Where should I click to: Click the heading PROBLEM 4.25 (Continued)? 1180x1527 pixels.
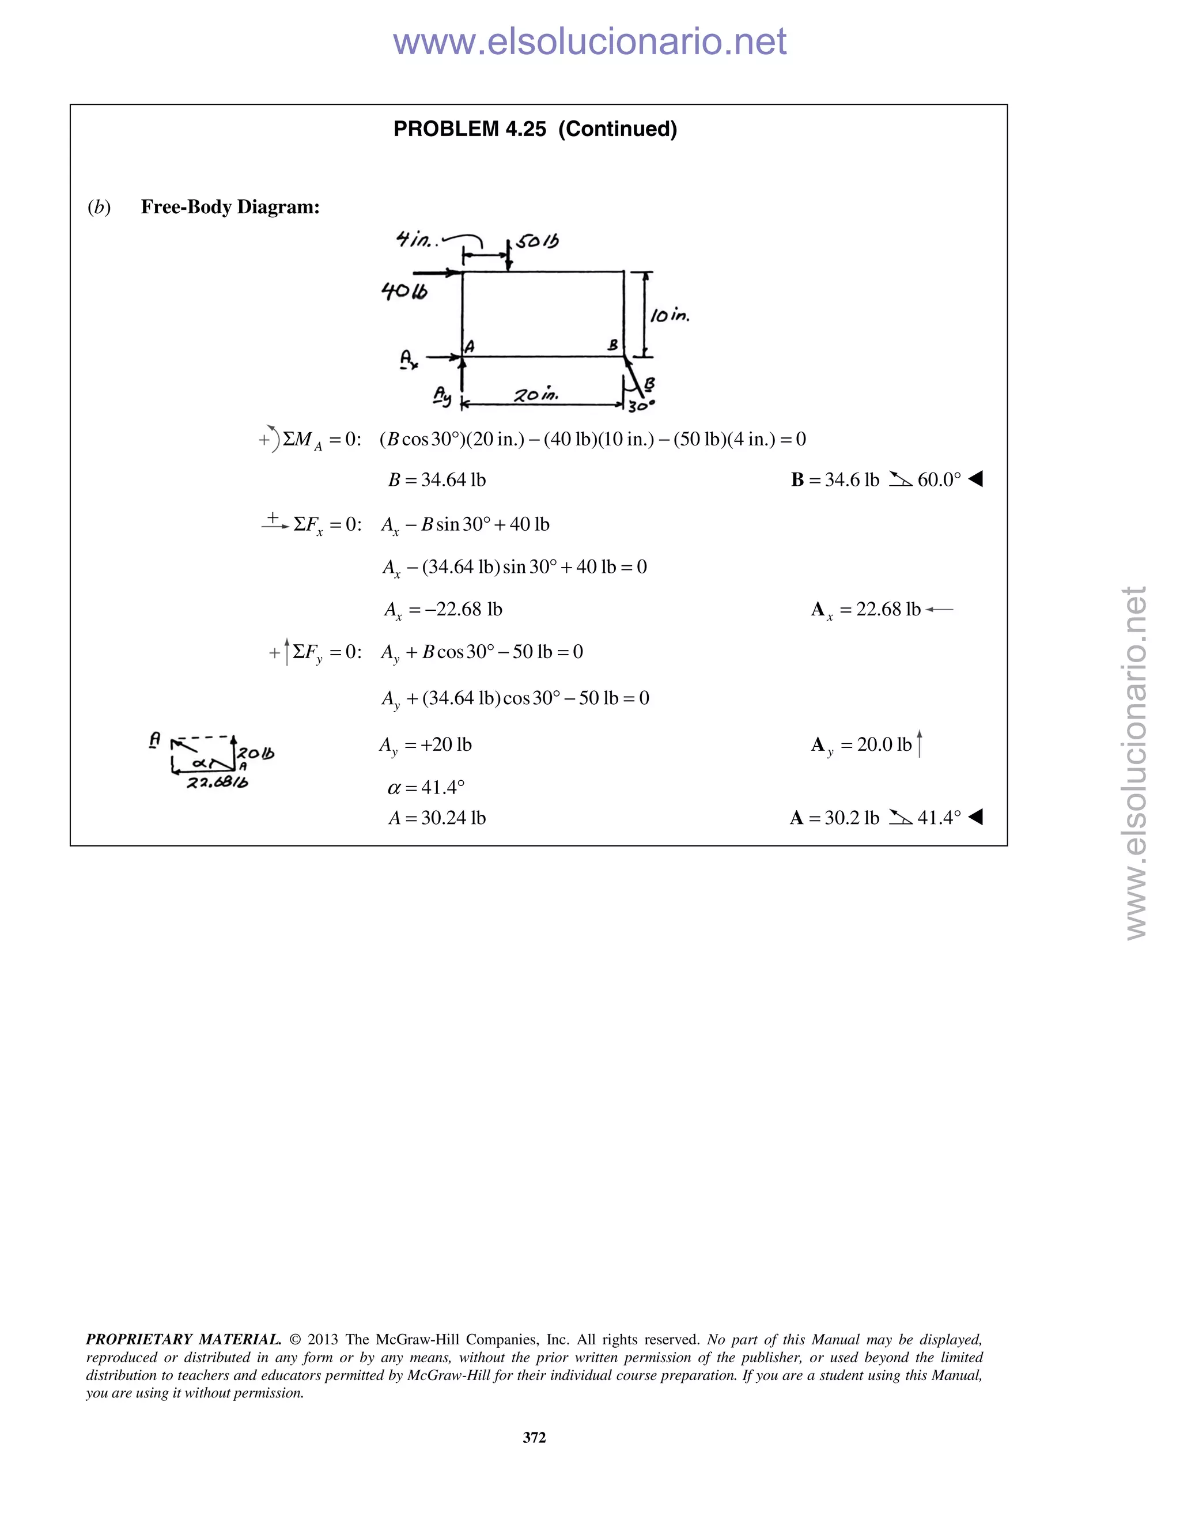(x=535, y=129)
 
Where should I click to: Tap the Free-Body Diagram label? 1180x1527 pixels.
(x=230, y=207)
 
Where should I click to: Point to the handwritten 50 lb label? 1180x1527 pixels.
(x=538, y=242)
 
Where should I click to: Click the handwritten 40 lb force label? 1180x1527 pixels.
(x=404, y=291)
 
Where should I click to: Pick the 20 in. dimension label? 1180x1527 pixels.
(x=535, y=395)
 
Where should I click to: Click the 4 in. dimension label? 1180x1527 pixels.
(x=415, y=240)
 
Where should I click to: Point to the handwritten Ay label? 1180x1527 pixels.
(x=442, y=395)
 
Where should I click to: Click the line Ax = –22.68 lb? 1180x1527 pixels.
(x=443, y=610)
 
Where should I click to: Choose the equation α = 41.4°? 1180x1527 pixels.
(x=426, y=788)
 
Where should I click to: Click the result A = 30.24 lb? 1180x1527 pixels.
(x=437, y=818)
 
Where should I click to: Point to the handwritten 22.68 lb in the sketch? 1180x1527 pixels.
(x=217, y=783)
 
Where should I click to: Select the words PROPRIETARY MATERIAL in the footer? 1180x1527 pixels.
(x=183, y=1340)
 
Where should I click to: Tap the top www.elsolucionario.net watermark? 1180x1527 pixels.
(x=589, y=41)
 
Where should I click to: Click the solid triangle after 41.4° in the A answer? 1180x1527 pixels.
(x=976, y=817)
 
